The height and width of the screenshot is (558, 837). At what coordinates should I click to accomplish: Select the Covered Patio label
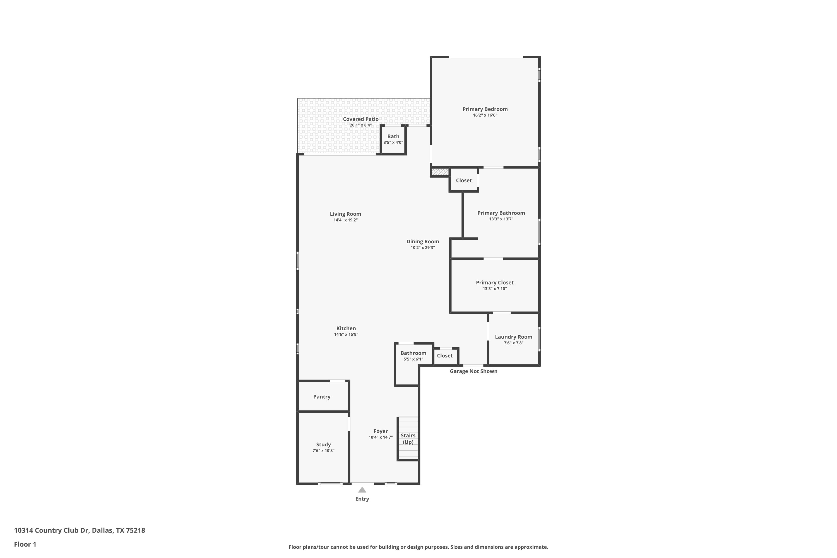(360, 119)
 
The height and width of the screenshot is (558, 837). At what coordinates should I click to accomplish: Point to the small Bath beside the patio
(393, 139)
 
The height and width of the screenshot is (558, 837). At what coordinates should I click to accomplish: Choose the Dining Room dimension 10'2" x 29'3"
(423, 248)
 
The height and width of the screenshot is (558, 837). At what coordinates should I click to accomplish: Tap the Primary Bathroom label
(501, 213)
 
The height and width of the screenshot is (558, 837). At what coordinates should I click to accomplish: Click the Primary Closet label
(495, 283)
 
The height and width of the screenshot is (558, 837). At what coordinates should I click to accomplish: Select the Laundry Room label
(514, 337)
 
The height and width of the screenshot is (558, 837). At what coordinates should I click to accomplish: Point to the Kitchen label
(346, 328)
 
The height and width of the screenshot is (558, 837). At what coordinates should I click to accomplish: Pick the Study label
(323, 444)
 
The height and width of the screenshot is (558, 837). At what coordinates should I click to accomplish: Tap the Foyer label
(381, 431)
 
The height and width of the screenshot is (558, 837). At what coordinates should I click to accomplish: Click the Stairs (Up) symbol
(408, 438)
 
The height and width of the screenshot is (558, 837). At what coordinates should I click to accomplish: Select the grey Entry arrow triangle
(362, 490)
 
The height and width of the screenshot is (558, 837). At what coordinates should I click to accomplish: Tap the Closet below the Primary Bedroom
(464, 181)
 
